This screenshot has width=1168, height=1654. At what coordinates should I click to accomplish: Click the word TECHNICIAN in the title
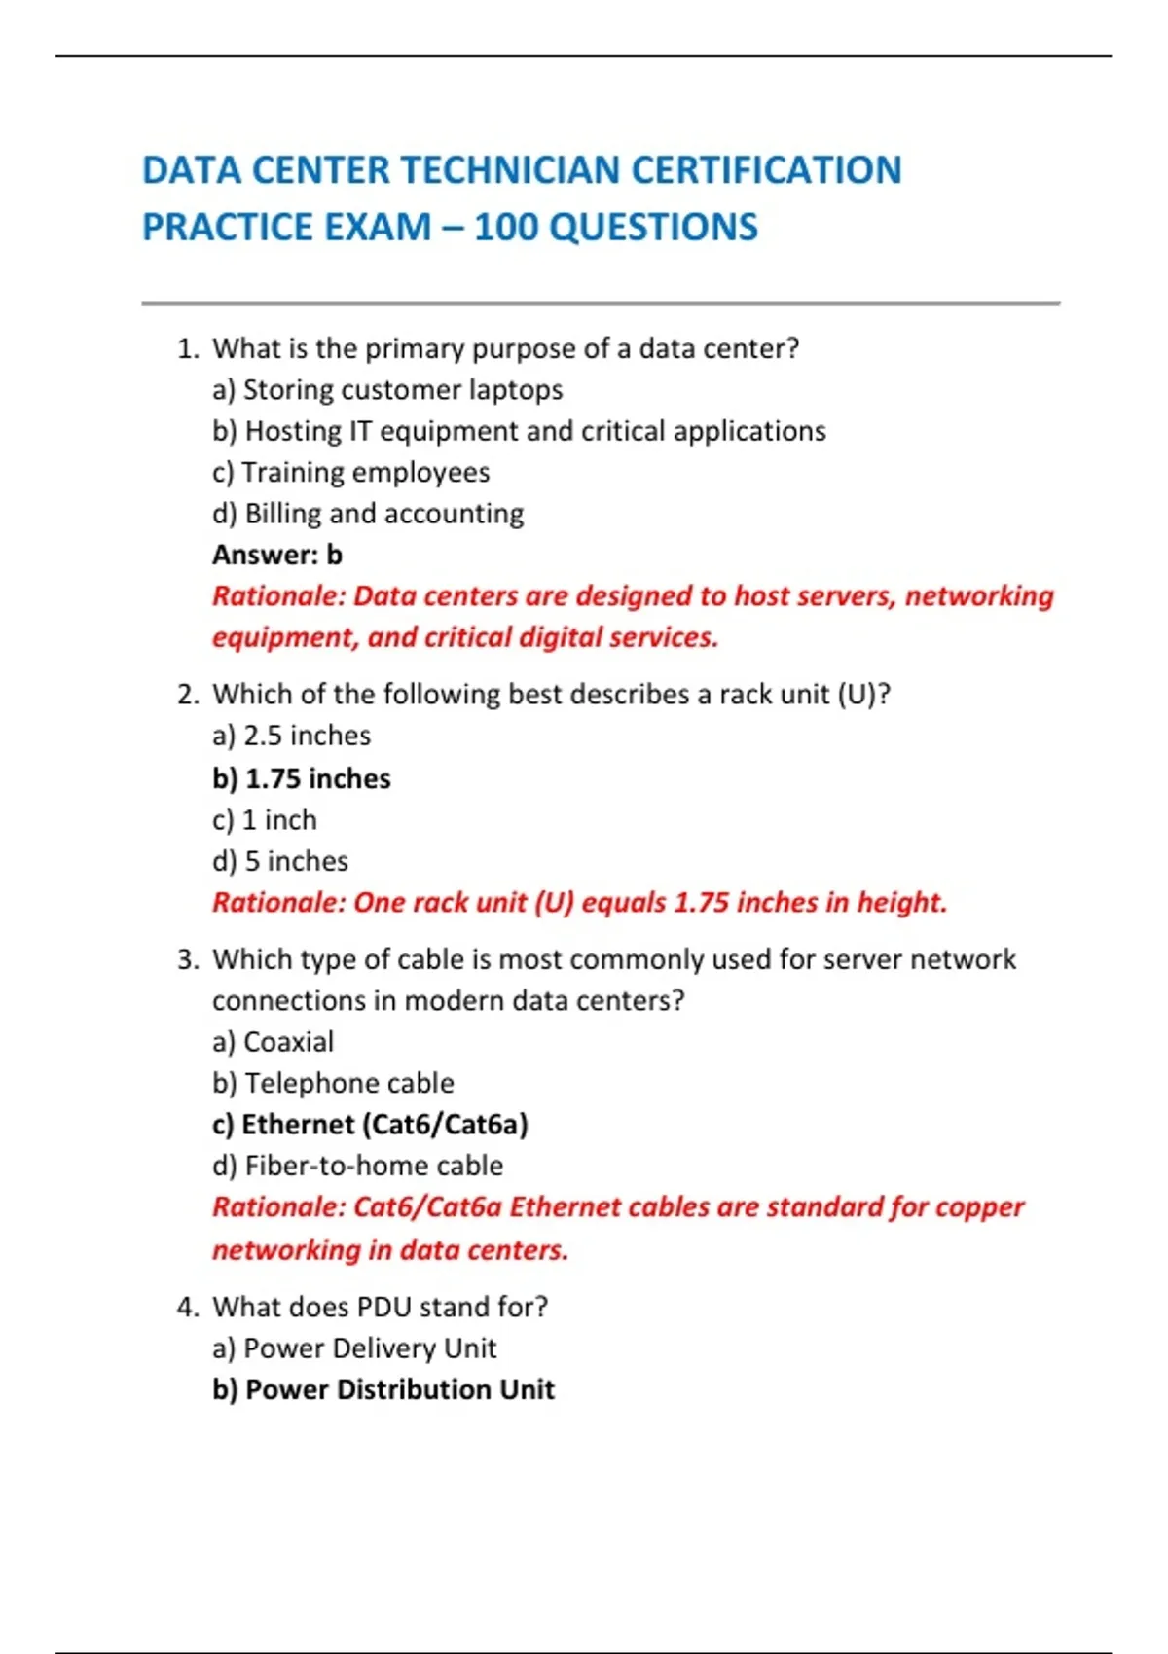[514, 170]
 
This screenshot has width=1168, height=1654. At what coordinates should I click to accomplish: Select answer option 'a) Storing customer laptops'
[387, 390]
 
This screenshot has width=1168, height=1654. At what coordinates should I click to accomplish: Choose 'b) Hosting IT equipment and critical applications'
[519, 431]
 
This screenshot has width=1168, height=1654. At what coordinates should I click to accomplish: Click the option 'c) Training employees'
[350, 473]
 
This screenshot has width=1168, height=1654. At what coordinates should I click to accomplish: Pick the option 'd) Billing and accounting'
[368, 514]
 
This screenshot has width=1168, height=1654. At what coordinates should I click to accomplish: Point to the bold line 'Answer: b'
[277, 555]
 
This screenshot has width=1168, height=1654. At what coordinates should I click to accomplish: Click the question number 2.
[187, 695]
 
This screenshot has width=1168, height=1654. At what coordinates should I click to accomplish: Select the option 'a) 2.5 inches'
[291, 736]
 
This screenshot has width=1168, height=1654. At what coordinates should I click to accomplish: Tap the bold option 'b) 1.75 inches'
[302, 778]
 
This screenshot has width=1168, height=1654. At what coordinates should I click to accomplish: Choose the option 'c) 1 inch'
[265, 820]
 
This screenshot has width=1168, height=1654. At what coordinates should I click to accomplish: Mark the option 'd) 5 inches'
[280, 861]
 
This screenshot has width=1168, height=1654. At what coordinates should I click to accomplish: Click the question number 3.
[187, 960]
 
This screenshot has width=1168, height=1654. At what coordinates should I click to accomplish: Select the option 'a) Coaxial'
[273, 1042]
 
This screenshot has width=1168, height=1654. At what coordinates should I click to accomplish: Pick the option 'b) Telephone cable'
[333, 1083]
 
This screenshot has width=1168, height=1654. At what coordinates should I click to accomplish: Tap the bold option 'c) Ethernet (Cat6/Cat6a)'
[370, 1125]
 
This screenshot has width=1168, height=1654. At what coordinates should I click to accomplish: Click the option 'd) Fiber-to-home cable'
[357, 1166]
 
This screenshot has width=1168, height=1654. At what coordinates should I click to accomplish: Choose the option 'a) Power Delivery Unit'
[354, 1348]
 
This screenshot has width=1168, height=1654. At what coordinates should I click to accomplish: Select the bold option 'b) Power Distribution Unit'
[383, 1389]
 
